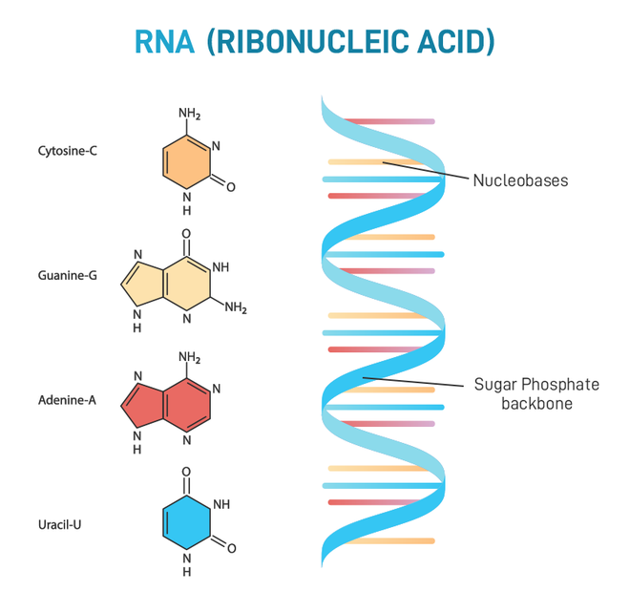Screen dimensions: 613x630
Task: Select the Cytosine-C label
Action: [x=67, y=151]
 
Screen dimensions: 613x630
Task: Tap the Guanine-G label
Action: [x=67, y=276]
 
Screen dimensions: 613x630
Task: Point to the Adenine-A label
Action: [x=67, y=400]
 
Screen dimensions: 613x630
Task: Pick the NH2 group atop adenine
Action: [x=189, y=358]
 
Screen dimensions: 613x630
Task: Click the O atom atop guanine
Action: [x=186, y=233]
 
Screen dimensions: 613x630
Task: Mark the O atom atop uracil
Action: [x=186, y=472]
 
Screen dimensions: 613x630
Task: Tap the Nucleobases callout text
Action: [x=520, y=180]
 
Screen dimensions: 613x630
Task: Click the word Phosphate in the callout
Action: [x=566, y=385]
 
